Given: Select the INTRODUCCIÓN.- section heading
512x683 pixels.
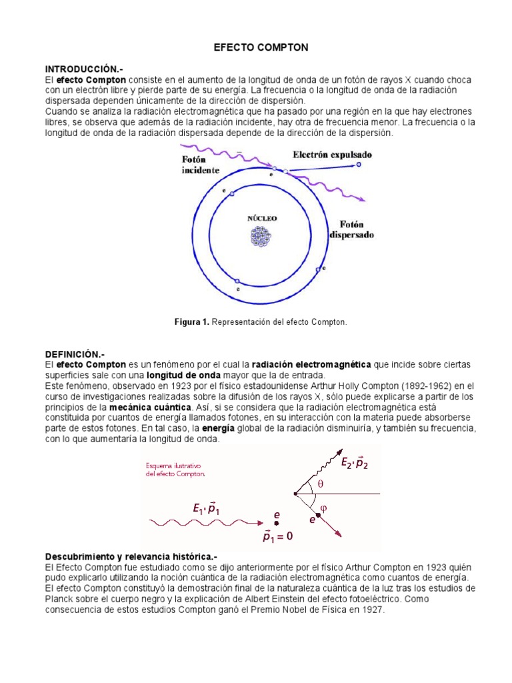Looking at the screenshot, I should (84, 69).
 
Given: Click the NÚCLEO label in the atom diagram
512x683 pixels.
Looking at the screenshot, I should (262, 218).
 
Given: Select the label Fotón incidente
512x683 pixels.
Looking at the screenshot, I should (200, 165).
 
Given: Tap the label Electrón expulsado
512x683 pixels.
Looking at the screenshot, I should (332, 155).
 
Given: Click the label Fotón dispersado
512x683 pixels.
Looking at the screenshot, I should (351, 229).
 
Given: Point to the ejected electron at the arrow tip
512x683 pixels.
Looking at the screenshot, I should (359, 164).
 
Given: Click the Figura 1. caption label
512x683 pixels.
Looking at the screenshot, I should (192, 322).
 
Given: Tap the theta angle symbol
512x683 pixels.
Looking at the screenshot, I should (319, 484).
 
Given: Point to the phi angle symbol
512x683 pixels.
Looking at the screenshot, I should (325, 508).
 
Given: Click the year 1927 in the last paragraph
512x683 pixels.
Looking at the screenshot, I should (372, 610).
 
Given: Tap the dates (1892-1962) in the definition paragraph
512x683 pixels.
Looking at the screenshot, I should (398, 385).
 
